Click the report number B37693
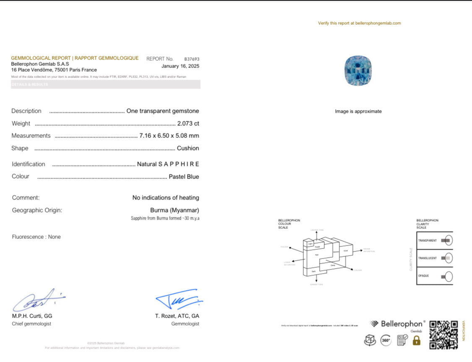192,59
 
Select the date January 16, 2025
180,66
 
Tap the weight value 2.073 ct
188,124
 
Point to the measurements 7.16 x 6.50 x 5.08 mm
169,136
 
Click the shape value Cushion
188,148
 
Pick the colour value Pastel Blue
184,177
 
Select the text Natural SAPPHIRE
168,164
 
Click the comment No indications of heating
165,198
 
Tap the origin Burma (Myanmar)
175,210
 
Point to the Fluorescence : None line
36,237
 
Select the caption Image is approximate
358,111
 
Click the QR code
443,335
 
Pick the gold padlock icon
416,341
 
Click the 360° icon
386,341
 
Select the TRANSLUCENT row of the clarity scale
435,258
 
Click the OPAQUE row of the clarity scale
435,276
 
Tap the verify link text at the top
359,23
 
